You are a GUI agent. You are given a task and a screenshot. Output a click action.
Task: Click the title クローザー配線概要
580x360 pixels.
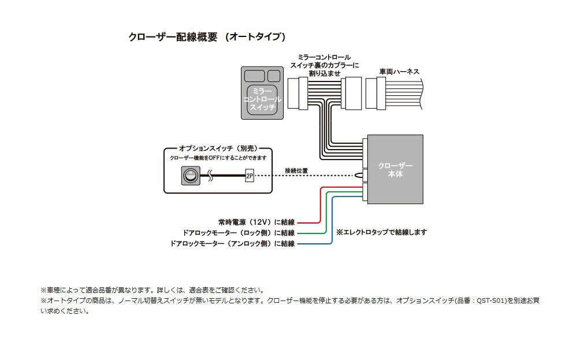point(173,37)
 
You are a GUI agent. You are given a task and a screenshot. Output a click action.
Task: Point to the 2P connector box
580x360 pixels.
point(250,175)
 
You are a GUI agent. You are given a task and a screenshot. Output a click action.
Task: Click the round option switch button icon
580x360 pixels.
point(189,175)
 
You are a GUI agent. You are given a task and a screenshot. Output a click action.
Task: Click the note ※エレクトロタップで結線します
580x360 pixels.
point(381,232)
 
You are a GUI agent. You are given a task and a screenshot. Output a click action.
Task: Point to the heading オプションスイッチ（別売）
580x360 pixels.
point(217,148)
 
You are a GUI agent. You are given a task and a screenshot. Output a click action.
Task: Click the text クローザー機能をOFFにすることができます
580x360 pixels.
point(218,158)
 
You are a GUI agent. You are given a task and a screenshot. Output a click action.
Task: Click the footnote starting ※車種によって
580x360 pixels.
point(153,290)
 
